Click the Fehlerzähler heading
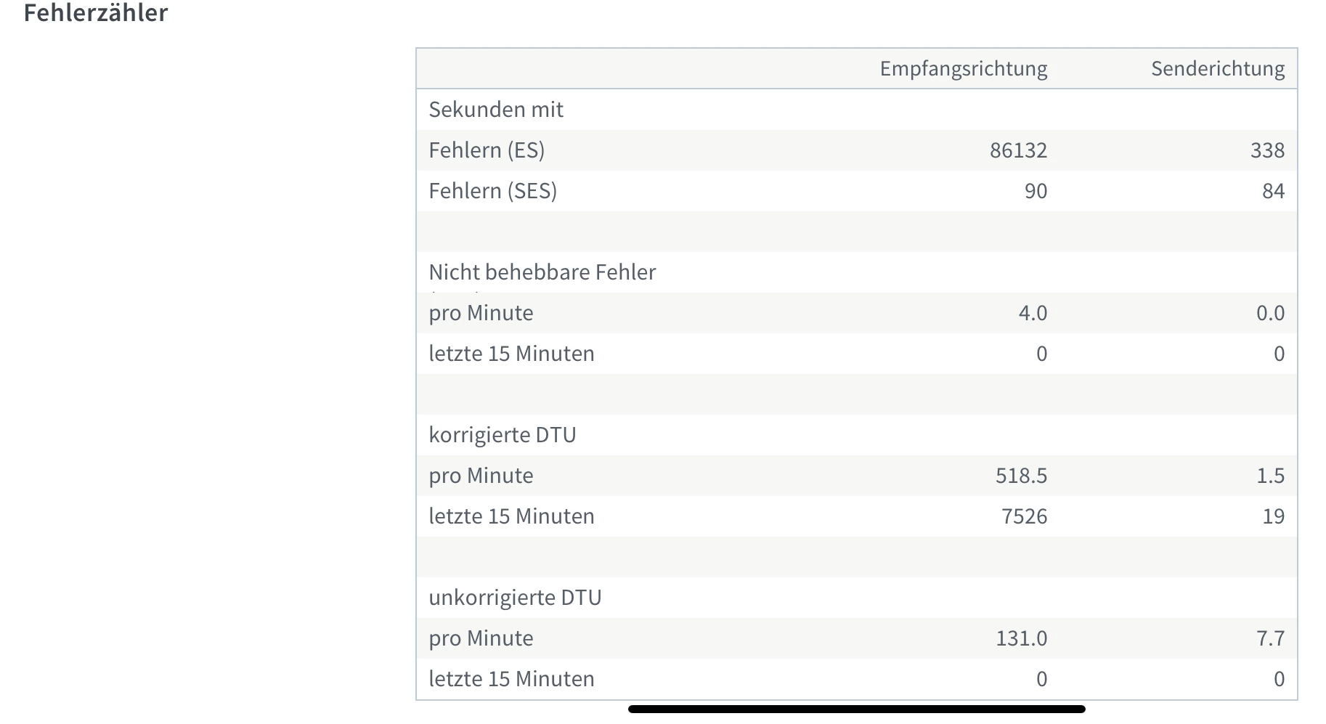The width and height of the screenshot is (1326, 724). tap(95, 13)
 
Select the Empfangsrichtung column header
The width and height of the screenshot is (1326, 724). tap(963, 69)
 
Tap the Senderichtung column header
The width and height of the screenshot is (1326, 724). tap(1217, 69)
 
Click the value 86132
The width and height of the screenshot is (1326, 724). tap(1018, 150)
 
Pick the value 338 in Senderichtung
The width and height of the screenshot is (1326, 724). tap(1267, 150)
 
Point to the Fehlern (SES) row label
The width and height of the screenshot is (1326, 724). tap(492, 191)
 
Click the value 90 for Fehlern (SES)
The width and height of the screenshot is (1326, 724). tap(1036, 191)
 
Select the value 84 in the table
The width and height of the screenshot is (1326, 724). tap(1273, 191)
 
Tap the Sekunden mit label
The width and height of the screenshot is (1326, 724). tap(496, 110)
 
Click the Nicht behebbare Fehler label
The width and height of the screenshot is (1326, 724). tap(542, 272)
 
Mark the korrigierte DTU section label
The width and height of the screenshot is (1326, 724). tap(502, 435)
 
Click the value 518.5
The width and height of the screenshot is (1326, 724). tap(1021, 476)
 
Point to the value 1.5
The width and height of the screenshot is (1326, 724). tap(1270, 476)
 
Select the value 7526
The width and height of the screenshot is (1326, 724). tap(1024, 516)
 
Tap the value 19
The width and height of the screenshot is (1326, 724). tap(1273, 516)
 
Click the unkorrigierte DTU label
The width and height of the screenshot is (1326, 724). tap(515, 598)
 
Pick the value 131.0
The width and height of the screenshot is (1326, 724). tap(1021, 638)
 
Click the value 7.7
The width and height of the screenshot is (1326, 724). tap(1270, 638)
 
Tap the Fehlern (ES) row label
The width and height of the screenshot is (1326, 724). tap(487, 150)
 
